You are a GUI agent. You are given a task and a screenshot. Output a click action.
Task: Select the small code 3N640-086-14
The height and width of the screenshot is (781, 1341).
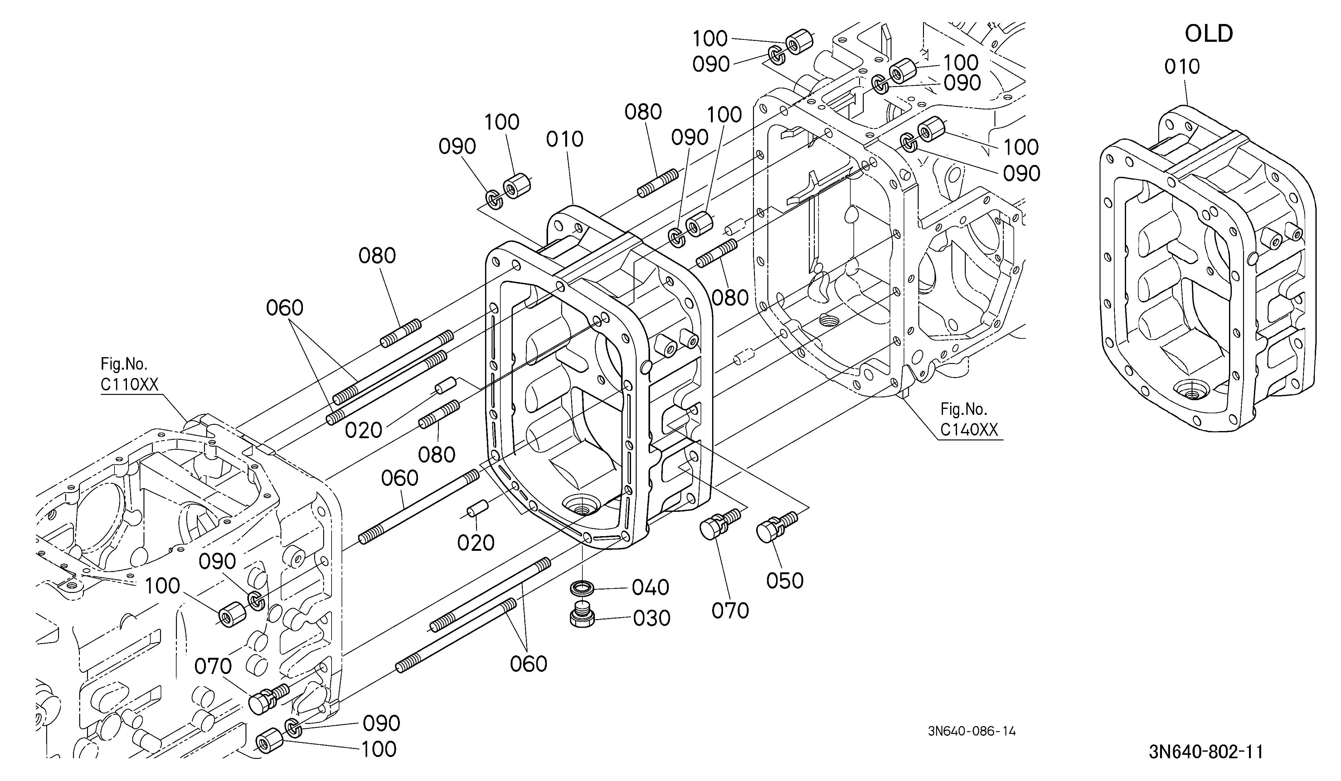point(972,731)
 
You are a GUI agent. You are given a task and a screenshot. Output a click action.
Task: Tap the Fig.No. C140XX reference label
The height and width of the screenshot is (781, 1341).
point(969,419)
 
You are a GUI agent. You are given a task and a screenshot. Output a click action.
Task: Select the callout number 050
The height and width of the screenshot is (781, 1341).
point(785,580)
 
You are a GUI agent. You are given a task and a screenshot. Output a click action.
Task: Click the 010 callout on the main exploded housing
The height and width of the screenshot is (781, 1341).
point(565,139)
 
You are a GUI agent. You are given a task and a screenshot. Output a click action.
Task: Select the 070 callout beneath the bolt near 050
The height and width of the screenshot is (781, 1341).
point(730,611)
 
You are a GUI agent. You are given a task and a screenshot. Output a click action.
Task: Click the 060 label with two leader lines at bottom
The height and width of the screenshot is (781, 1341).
point(528,663)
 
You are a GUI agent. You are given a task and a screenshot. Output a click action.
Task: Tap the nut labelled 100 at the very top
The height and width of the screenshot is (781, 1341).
point(799,41)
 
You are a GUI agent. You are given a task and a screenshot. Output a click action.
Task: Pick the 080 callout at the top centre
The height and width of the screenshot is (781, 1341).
point(643,112)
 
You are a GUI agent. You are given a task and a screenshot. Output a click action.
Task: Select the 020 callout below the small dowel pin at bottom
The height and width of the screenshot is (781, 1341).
point(476,543)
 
